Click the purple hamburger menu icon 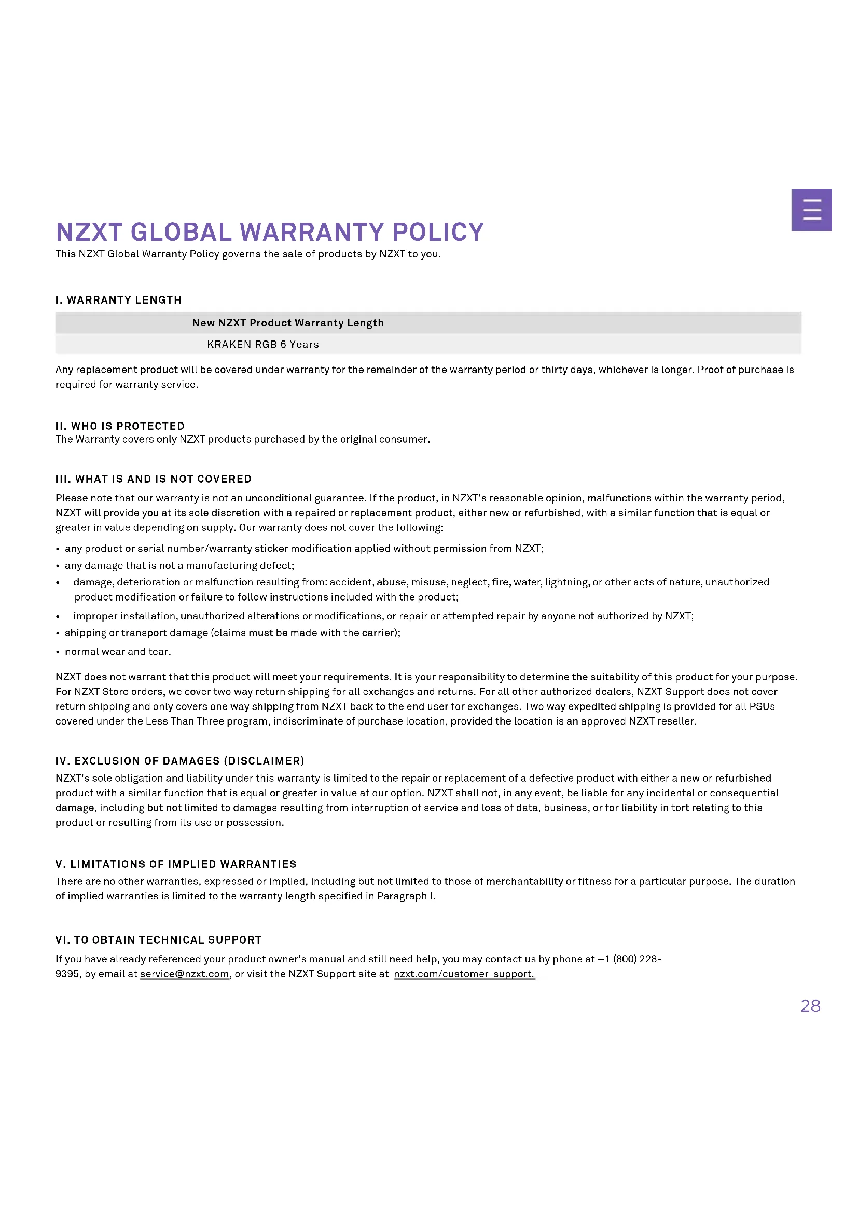[x=812, y=209]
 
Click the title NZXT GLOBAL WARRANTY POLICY [x=269, y=231]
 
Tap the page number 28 [x=810, y=1006]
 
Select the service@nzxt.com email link [x=184, y=974]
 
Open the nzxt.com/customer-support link [x=464, y=974]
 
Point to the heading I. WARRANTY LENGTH [x=118, y=300]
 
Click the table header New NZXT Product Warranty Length [x=287, y=322]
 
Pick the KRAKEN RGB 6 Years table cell [x=262, y=344]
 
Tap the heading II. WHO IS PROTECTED [x=120, y=426]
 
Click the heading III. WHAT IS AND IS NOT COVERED [x=153, y=479]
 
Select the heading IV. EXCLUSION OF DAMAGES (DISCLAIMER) [x=179, y=760]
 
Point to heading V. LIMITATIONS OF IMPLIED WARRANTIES [x=176, y=864]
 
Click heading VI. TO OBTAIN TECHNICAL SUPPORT [x=159, y=939]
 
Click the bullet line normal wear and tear [x=118, y=651]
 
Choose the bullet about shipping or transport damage [x=232, y=632]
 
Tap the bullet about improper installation [x=383, y=616]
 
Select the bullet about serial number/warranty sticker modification [x=304, y=548]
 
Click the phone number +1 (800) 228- [x=629, y=959]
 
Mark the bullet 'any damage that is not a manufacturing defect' [x=179, y=565]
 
